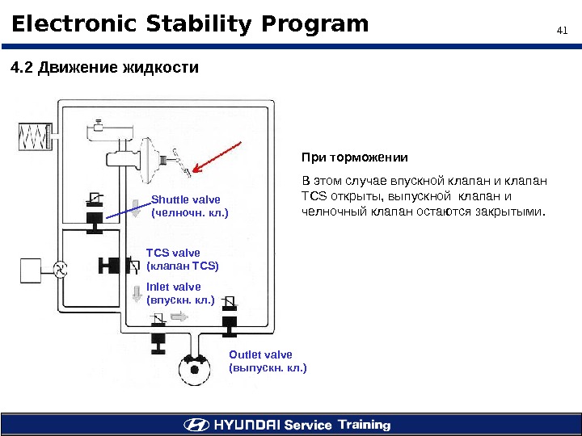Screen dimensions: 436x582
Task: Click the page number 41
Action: click(563, 31)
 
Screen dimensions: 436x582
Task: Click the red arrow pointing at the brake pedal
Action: click(214, 158)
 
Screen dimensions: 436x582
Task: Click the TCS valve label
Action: click(182, 259)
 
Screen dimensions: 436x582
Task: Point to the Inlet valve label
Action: click(179, 293)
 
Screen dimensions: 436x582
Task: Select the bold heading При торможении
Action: click(355, 157)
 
